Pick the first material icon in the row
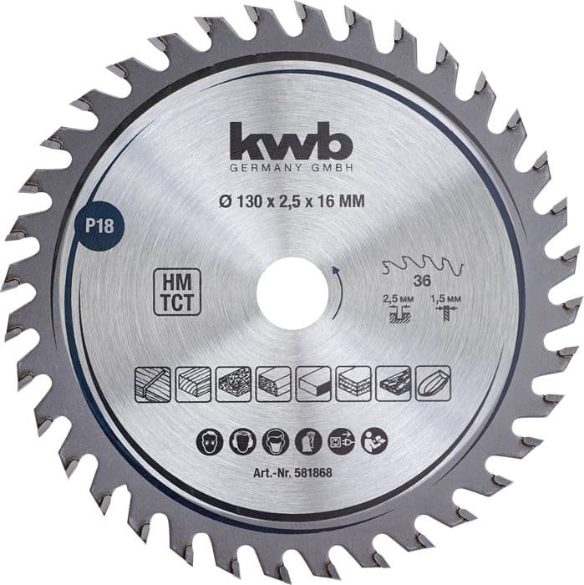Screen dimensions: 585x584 pos(152,383)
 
